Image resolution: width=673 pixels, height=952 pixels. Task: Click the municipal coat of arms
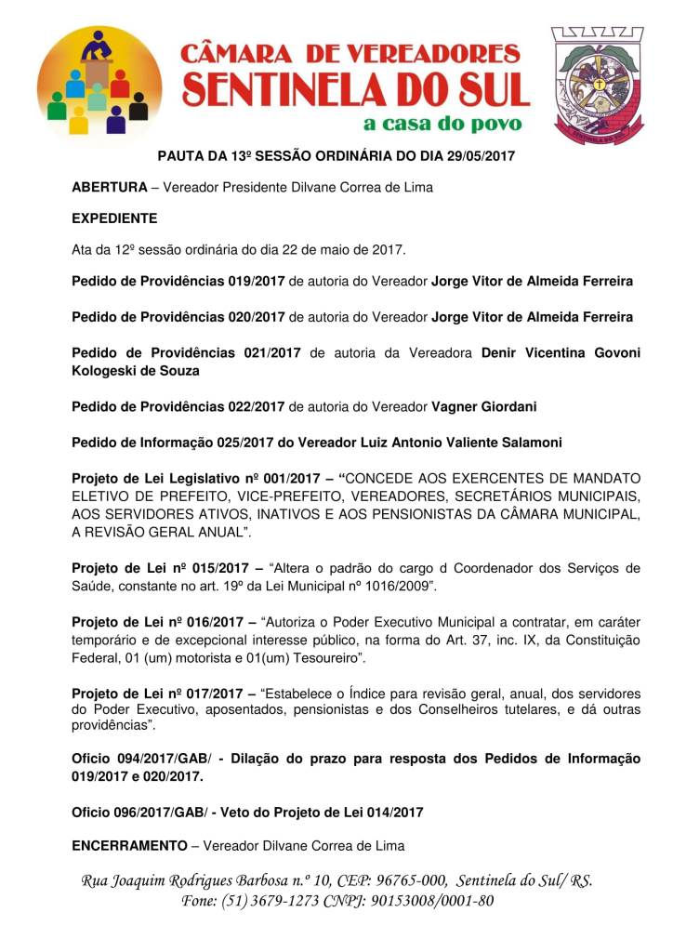(597, 83)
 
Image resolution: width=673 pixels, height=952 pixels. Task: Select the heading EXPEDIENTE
(114, 218)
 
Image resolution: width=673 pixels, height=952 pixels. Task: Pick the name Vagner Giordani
(483, 406)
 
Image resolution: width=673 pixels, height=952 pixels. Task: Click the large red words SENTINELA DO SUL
(356, 89)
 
